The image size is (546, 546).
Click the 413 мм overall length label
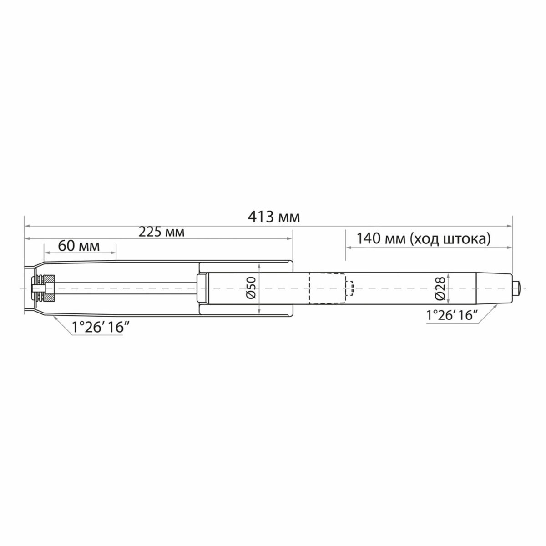click(x=274, y=217)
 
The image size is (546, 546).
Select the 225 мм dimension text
click(x=161, y=232)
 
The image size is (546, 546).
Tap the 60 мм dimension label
click(x=79, y=246)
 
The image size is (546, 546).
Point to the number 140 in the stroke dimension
click(x=368, y=238)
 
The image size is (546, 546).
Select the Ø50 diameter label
click(x=251, y=287)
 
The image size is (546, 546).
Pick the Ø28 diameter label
click(x=440, y=288)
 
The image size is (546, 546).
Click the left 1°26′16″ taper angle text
click(x=101, y=327)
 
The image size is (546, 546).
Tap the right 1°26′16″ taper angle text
click(x=452, y=315)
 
